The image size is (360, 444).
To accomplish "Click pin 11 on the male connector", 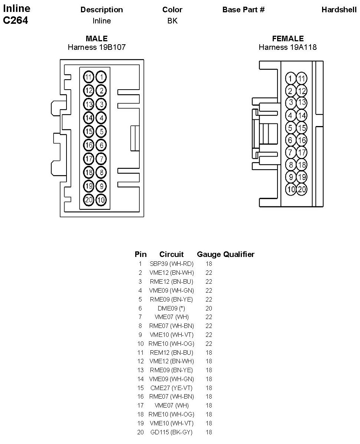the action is (x=88, y=77).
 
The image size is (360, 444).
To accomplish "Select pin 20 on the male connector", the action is (x=88, y=200).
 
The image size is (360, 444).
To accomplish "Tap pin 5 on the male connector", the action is (x=101, y=131).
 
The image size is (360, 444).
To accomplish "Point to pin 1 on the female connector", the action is (x=291, y=78).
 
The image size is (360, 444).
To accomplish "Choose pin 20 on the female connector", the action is (x=302, y=189).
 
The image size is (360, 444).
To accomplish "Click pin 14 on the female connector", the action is (x=302, y=115).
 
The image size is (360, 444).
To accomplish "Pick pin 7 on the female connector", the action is (x=291, y=152).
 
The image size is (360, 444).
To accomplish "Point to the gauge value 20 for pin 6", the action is (x=209, y=308).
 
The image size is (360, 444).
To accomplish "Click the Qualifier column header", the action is (x=239, y=254).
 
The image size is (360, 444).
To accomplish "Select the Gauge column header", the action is (x=209, y=254).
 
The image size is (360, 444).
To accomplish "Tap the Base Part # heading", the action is (x=243, y=10).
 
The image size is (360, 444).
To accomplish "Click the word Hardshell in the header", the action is (x=339, y=10).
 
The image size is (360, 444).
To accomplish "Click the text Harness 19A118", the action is (x=288, y=47).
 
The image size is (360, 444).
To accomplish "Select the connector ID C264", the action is (x=16, y=21).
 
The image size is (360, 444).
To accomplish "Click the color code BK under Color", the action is (x=172, y=21).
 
